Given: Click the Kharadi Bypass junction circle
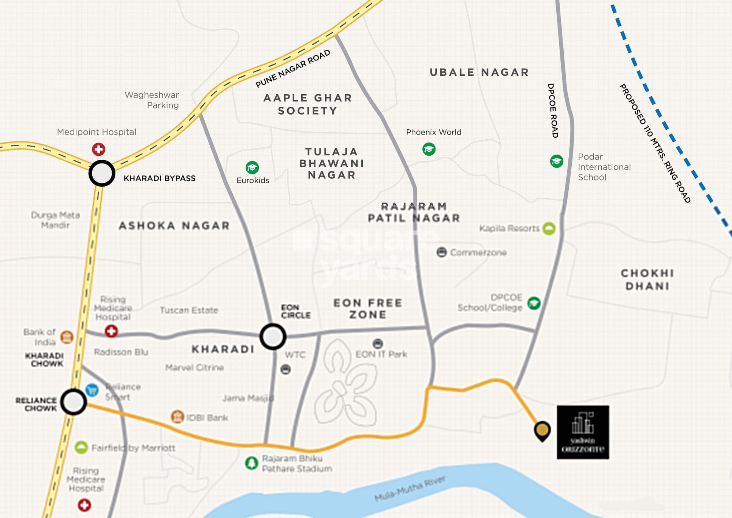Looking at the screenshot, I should click(102, 173).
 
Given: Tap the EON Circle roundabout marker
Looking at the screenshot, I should click(273, 336).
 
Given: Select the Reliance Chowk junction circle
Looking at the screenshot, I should click(74, 402).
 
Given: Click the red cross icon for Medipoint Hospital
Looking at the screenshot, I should click(98, 149).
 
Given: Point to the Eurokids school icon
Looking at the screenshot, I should click(252, 167).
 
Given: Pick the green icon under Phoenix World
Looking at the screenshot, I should click(429, 149).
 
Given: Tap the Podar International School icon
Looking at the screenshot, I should click(557, 161).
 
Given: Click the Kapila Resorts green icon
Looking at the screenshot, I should click(549, 229).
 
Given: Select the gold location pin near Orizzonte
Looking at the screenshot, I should click(542, 430).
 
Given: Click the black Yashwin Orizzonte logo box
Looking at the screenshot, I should click(583, 432).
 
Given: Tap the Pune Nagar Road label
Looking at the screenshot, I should click(293, 69).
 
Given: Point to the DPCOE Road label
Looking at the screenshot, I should click(553, 110).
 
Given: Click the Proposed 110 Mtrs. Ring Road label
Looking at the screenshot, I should click(655, 143).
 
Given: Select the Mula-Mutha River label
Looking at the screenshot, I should click(410, 489).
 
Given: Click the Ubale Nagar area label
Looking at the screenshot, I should click(479, 72).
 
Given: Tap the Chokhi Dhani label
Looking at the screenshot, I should click(647, 279).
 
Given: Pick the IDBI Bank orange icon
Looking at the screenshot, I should click(177, 417).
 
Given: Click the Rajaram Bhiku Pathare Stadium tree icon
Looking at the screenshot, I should click(251, 463).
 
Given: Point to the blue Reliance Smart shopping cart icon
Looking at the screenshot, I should click(92, 390).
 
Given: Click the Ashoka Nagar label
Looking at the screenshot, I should click(174, 225).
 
